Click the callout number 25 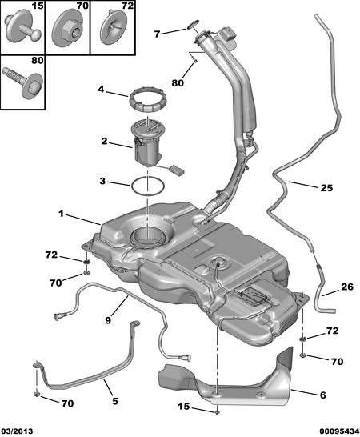326,188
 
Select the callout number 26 347,287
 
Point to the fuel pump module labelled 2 148,145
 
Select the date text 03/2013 17,431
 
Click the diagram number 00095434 339,431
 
